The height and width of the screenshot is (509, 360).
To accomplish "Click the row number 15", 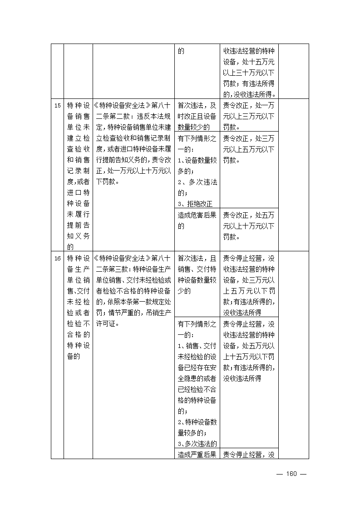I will coord(57,106).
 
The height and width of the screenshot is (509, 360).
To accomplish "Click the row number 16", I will coord(57,259).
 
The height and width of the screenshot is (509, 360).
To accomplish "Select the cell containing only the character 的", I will coord(181,51).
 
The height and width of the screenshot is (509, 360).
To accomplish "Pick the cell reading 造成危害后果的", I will coord(197,220).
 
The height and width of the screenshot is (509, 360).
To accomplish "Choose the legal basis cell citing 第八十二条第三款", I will coord(133,290).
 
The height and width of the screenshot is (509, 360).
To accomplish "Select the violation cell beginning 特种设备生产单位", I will coord(78,307).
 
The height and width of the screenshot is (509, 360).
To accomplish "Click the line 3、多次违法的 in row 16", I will coord(197,444).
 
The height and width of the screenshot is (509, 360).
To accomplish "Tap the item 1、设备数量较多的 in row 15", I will coord(197,166).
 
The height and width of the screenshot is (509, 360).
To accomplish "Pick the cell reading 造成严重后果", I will coord(197,455).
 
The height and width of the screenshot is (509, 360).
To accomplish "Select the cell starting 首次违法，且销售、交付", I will coord(197,274).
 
